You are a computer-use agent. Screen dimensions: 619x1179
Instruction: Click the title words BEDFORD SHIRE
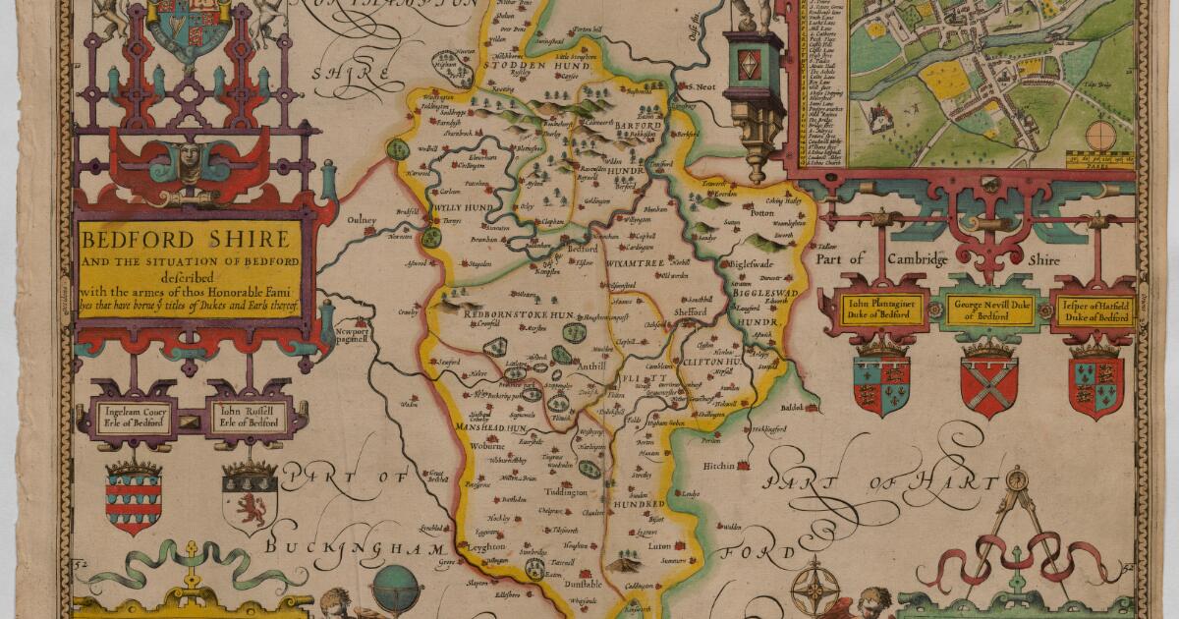click(187, 239)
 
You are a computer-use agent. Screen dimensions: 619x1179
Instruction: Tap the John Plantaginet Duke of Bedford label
click(882, 309)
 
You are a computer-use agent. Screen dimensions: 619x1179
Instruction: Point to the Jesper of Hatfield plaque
click(1095, 310)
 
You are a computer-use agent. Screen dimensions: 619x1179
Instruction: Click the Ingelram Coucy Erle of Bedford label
click(133, 416)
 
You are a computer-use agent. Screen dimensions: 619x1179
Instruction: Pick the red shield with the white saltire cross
click(988, 386)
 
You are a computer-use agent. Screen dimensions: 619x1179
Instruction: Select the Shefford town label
click(690, 311)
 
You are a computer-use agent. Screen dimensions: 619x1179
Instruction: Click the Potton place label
click(762, 212)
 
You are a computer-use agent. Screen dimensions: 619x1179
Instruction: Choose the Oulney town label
click(361, 220)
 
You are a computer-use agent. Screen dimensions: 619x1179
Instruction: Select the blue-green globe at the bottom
click(396, 587)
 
